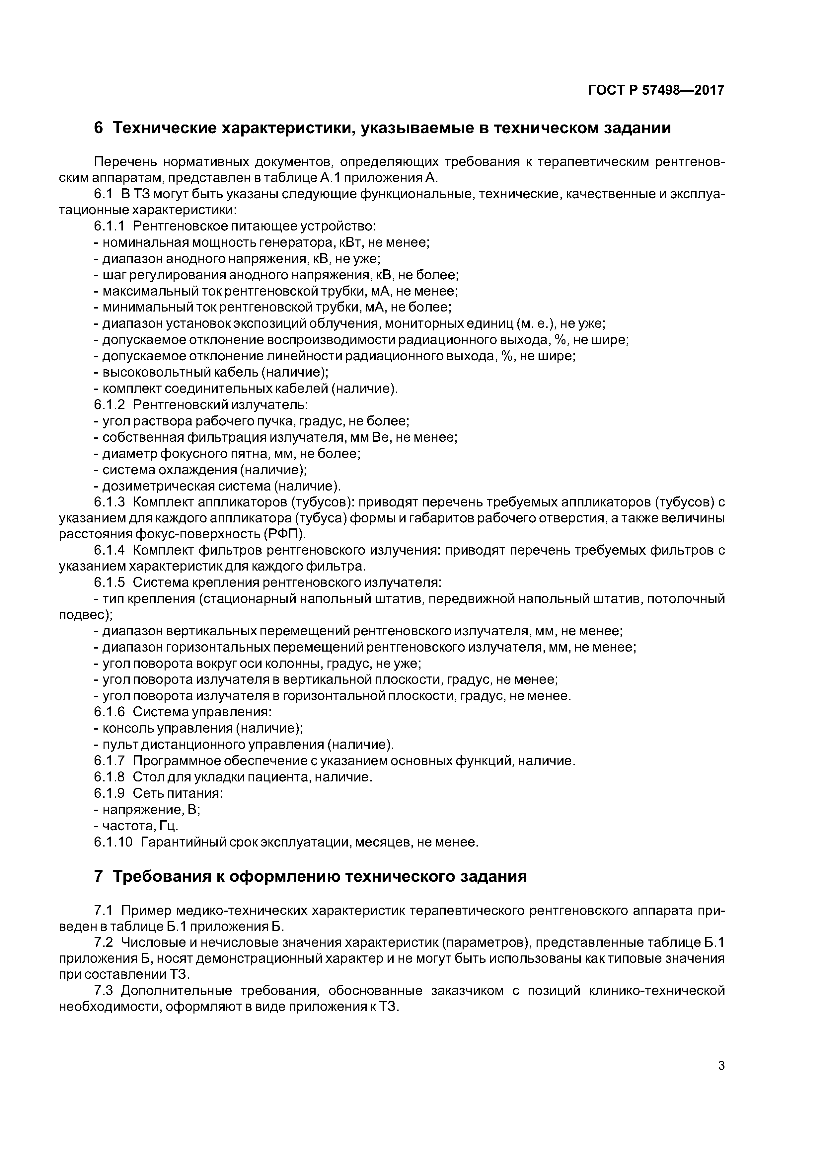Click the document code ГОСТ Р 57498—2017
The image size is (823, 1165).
pyautogui.click(x=656, y=90)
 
